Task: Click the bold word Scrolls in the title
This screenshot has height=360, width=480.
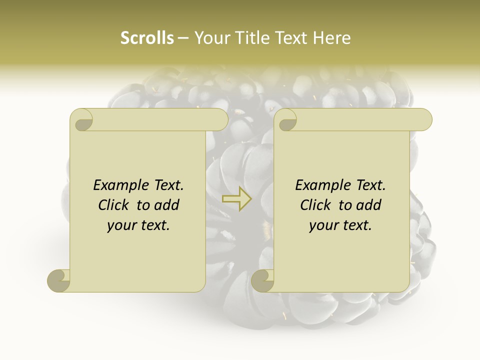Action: pos(147,38)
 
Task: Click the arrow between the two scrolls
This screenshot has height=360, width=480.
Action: pos(237,198)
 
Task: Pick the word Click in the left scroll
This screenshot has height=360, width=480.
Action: pos(115,205)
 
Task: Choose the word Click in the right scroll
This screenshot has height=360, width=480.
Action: pos(317,205)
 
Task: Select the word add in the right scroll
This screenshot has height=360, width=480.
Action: pos(369,205)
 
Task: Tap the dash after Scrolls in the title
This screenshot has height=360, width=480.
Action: pos(183,38)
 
